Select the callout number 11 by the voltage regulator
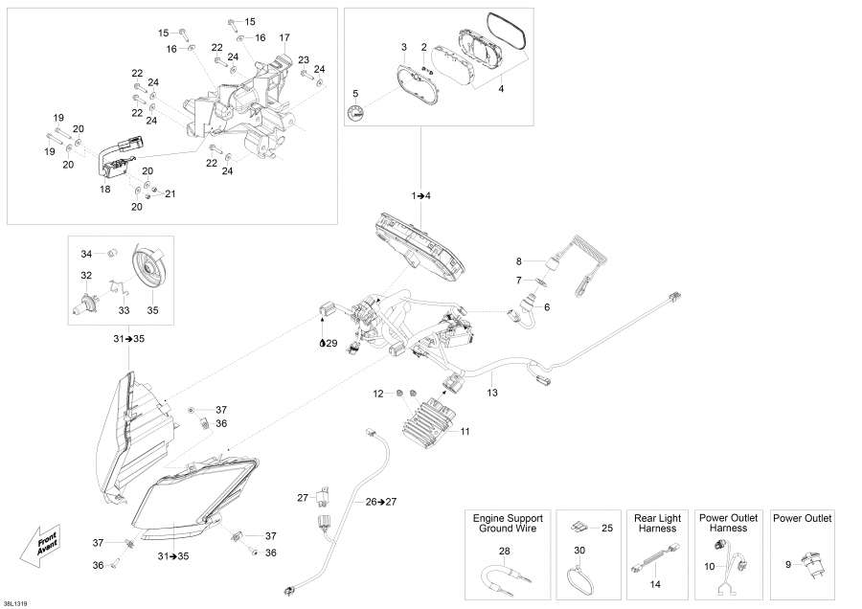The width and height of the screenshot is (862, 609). click(465, 432)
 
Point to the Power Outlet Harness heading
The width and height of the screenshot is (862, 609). click(728, 523)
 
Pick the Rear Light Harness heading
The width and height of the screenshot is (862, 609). click(656, 523)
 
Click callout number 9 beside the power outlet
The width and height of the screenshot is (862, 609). click(787, 565)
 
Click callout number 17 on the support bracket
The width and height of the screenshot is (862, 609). click(284, 37)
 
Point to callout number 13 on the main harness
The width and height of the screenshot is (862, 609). click(492, 393)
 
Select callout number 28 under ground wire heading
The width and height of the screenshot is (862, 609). click(505, 551)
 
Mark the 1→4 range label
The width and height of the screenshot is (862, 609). click(421, 195)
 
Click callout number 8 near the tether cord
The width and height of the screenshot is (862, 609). click(519, 261)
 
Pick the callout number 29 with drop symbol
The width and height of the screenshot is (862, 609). click(329, 343)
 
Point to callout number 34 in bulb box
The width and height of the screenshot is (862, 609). click(85, 254)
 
